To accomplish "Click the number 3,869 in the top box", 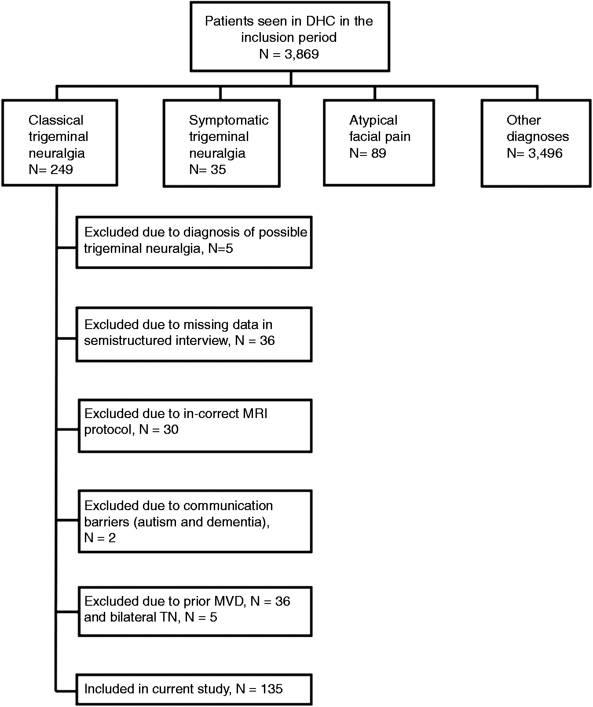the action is pyautogui.click(x=301, y=54).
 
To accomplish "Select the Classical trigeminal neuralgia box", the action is pyautogui.click(x=60, y=143).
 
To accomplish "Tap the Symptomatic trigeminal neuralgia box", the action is pyautogui.click(x=222, y=143).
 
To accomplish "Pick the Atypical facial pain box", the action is pyautogui.click(x=379, y=143).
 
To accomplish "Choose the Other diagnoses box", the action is pyautogui.click(x=536, y=143).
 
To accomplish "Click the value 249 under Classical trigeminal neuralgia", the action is pyautogui.click(x=62, y=170).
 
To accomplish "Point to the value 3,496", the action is pyautogui.click(x=545, y=153).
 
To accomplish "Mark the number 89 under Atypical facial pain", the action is pyautogui.click(x=378, y=153).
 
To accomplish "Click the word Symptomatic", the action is pyautogui.click(x=229, y=120).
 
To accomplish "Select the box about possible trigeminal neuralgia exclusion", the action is pyautogui.click(x=194, y=242).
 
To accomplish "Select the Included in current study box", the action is pyautogui.click(x=194, y=689).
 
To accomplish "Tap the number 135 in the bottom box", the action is pyautogui.click(x=271, y=689).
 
